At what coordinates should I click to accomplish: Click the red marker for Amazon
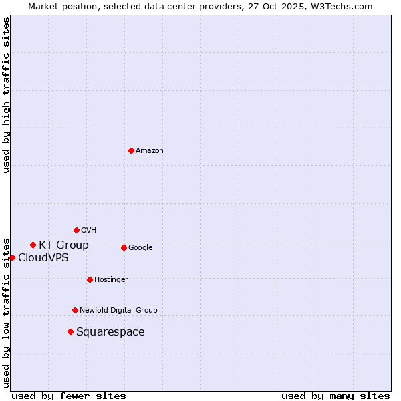pos(131,150)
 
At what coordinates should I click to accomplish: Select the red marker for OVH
pos(76,230)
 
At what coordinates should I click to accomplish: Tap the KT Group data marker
pos(33,245)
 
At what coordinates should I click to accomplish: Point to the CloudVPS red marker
pos(12,257)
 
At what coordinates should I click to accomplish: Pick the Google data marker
pos(124,247)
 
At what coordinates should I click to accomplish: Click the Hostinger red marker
pos(90,279)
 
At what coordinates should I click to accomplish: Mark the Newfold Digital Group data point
pos(75,310)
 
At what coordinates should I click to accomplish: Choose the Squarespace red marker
pos(70,331)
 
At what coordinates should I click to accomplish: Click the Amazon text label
pos(150,150)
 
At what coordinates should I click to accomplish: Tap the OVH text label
pos(89,230)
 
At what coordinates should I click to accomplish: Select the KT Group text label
pos(63,245)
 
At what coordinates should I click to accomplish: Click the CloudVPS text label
pos(43,257)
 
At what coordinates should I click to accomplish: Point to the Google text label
pos(140,247)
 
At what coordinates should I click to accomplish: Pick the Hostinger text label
pos(111,279)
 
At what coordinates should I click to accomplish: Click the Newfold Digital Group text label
pos(118,310)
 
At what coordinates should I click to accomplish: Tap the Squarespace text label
pos(110,331)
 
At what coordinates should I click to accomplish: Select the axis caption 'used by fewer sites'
pos(69,396)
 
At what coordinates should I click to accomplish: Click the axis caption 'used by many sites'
pos(336,396)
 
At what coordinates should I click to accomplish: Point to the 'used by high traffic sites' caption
pos(6,95)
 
